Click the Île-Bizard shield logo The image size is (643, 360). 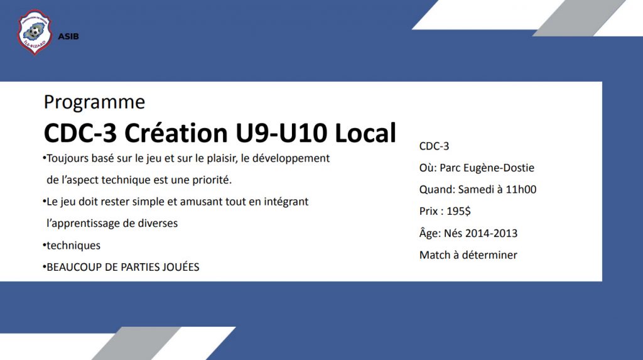pyautogui.click(x=35, y=32)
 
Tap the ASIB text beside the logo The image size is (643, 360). pyautogui.click(x=68, y=36)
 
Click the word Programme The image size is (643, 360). pyautogui.click(x=94, y=102)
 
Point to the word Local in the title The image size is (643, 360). pyautogui.click(x=365, y=133)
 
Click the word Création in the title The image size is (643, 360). pyautogui.click(x=176, y=133)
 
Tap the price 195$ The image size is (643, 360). pyautogui.click(x=458, y=211)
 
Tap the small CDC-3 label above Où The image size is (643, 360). pyautogui.click(x=435, y=146)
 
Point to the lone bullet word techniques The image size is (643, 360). pyautogui.click(x=73, y=246)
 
